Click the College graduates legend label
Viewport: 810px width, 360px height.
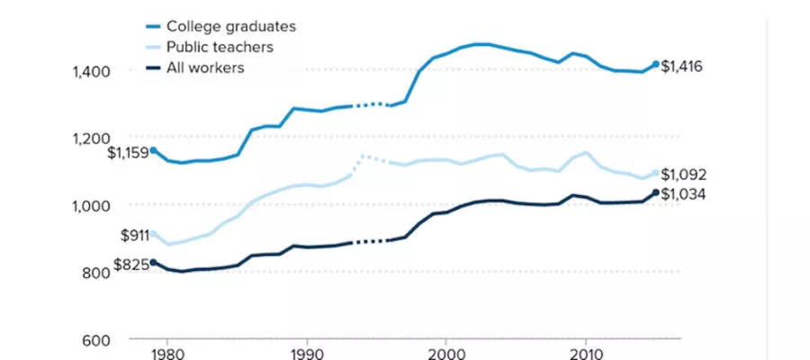[231, 27]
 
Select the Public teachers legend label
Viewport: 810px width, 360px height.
[220, 48]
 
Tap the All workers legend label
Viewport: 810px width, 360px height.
[205, 68]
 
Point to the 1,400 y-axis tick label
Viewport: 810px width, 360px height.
[91, 71]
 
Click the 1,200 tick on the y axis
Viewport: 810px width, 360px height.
[91, 139]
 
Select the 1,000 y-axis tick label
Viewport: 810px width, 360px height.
[91, 205]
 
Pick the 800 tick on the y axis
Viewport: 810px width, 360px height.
[96, 273]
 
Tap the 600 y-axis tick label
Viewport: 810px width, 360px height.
[96, 340]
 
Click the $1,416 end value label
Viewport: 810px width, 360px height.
[682, 66]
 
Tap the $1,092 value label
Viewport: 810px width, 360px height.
[684, 175]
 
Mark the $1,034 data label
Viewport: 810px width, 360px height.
[684, 194]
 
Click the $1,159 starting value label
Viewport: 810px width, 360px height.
[128, 153]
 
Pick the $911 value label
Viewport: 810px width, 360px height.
[133, 236]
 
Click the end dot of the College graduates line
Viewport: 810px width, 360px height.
[656, 64]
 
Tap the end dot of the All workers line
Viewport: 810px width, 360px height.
[656, 193]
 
